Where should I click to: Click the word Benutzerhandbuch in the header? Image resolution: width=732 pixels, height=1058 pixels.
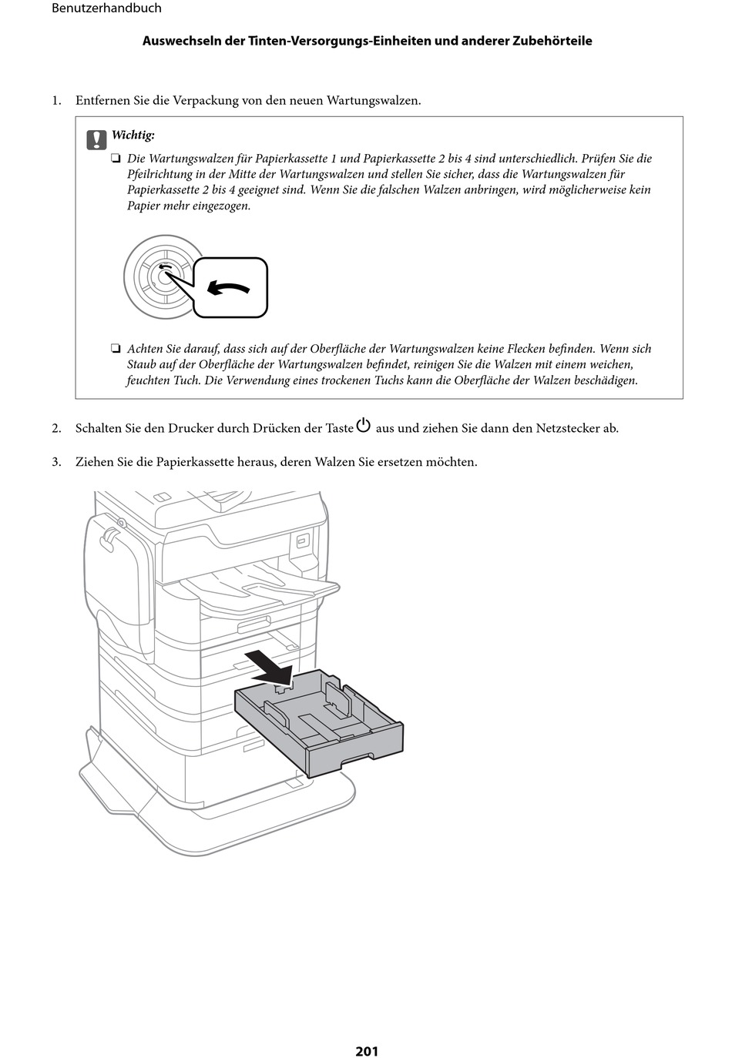point(106,8)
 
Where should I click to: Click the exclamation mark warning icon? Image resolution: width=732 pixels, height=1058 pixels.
point(96,139)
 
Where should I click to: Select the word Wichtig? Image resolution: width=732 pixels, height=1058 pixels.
point(133,135)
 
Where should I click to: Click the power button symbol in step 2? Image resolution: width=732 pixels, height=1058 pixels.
point(364,426)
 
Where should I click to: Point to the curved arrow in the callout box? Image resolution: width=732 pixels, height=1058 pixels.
point(230,289)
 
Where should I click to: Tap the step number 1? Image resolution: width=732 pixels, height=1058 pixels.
point(55,101)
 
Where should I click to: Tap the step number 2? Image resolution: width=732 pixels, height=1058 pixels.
point(55,428)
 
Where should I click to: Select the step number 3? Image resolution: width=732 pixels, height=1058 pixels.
point(55,462)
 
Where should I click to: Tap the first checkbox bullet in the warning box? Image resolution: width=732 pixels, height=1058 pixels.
point(116,159)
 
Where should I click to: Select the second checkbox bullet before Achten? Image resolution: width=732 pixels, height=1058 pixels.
point(116,349)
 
